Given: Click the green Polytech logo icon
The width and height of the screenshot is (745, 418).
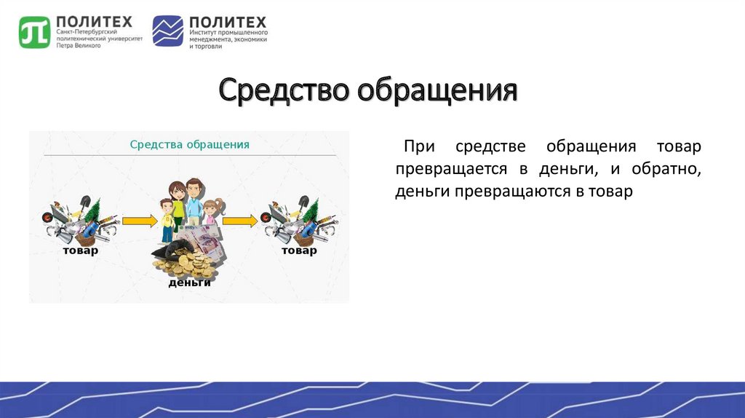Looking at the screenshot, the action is [x=35, y=32].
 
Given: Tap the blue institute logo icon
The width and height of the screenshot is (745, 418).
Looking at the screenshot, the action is [x=168, y=31].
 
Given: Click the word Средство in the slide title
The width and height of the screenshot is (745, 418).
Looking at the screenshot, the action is [x=284, y=90].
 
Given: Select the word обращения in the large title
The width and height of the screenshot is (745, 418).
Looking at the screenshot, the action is [x=437, y=91].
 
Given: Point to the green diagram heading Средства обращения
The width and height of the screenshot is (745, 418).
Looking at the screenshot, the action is [x=190, y=145].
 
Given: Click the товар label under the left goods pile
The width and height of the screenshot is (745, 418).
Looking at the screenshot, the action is [x=80, y=250].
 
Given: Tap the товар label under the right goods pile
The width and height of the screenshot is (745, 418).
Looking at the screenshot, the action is [x=299, y=250].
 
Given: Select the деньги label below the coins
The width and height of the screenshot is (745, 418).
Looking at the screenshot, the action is [x=190, y=283].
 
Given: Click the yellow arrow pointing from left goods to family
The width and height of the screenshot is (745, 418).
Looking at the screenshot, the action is [x=140, y=221].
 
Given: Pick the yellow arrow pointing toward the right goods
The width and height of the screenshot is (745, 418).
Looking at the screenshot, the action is [x=240, y=221].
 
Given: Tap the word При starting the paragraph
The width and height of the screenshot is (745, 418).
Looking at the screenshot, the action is [x=419, y=146].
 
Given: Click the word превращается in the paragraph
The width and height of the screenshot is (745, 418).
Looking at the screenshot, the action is [x=445, y=169].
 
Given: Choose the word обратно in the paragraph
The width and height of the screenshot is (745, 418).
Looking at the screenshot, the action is [x=666, y=169].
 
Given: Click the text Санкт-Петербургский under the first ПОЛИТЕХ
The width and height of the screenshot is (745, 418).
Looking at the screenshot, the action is [x=87, y=31].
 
